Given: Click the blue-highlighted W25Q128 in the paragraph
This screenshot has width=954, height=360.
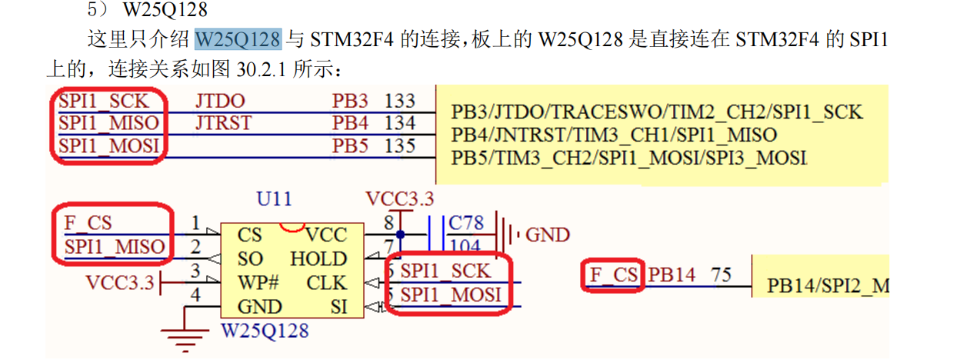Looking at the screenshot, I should pos(239,38).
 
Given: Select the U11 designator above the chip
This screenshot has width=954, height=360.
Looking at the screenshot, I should pos(274,198).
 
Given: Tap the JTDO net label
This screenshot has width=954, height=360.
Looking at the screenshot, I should pos(220,101).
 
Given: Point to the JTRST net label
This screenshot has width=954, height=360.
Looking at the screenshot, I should pos(223,123).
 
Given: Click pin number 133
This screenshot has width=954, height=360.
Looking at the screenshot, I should pos(400,101).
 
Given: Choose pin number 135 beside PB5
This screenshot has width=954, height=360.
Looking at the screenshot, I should pos(400,145).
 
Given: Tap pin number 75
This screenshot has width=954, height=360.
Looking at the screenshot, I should pos(720,275).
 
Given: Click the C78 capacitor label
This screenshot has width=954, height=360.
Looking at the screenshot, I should pos(466,223).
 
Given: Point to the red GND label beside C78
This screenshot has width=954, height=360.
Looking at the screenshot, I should pos(548,234).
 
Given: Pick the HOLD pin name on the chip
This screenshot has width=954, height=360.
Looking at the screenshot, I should pos(319,258).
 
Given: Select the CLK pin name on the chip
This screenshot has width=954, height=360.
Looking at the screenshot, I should pos(327,282).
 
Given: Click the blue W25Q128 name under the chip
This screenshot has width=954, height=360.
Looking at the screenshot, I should pos(265,332).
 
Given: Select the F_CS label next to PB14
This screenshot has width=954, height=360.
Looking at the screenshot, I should pos(613,275).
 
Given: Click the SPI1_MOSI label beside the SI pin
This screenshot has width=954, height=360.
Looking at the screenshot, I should pos(450,295).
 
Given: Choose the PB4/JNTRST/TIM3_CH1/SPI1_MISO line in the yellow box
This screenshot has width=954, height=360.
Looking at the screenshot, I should pos(614,135).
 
